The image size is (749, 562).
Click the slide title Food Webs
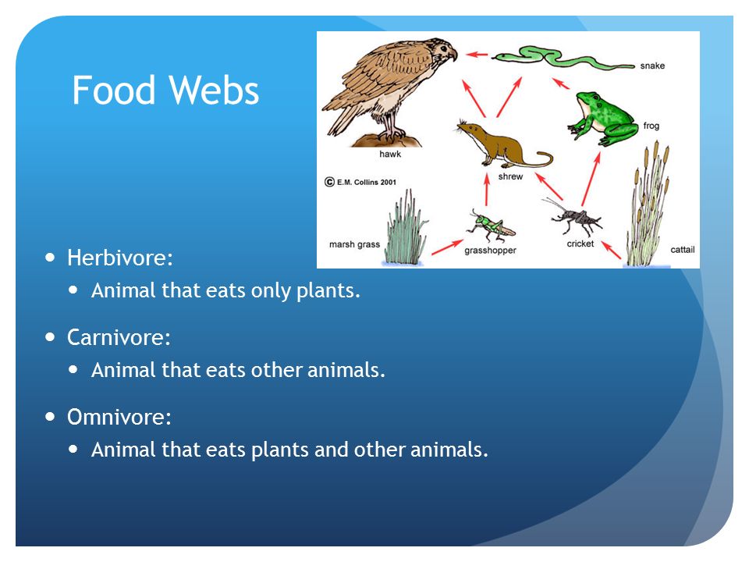(x=165, y=90)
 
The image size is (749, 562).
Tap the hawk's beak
(x=453, y=55)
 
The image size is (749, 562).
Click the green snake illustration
(x=563, y=57)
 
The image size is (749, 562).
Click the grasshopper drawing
(x=492, y=226)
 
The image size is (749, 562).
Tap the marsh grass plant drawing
(x=405, y=229)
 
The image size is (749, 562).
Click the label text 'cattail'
(x=682, y=250)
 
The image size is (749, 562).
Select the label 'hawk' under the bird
(x=390, y=154)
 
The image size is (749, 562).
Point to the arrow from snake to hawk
(x=477, y=55)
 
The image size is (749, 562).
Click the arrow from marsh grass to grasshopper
(x=447, y=247)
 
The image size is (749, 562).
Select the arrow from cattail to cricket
(x=611, y=250)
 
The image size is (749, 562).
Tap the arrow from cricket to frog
(x=591, y=180)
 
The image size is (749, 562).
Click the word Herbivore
(x=120, y=258)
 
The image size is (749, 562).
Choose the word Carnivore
(x=119, y=337)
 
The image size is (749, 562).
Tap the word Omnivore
(x=119, y=417)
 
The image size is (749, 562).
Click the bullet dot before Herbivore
(x=50, y=258)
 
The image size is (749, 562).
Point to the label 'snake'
(x=652, y=66)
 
